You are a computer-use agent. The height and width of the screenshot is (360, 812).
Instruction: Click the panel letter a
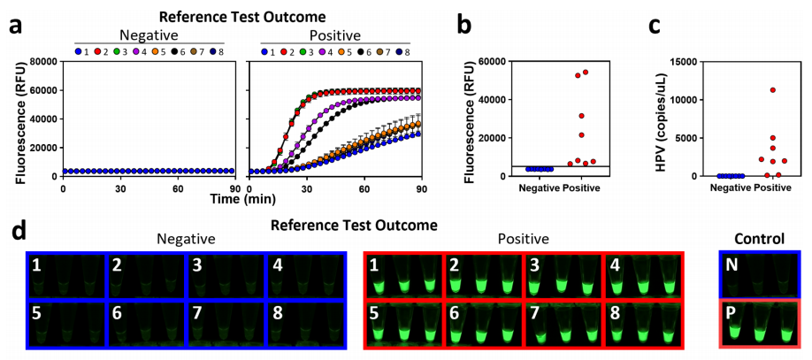[x=15, y=25]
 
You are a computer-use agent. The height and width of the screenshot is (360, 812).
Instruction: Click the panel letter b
[x=465, y=25]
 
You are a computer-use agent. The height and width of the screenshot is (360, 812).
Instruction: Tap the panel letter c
[x=655, y=25]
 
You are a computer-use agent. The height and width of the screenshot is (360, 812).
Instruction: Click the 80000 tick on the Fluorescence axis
[x=42, y=62]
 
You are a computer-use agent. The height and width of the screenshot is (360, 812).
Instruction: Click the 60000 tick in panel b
[x=492, y=62]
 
